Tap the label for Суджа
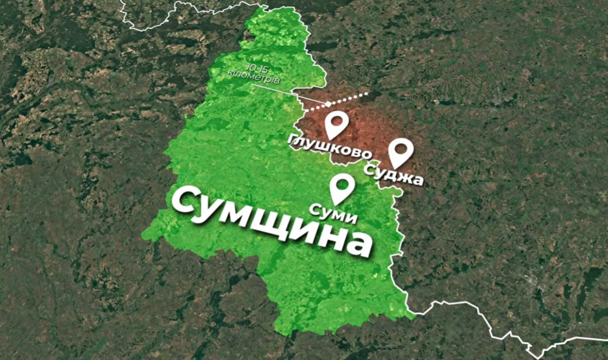[393, 173]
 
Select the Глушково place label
[330, 148]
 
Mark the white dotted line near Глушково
[340, 101]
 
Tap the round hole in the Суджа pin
[401, 147]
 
